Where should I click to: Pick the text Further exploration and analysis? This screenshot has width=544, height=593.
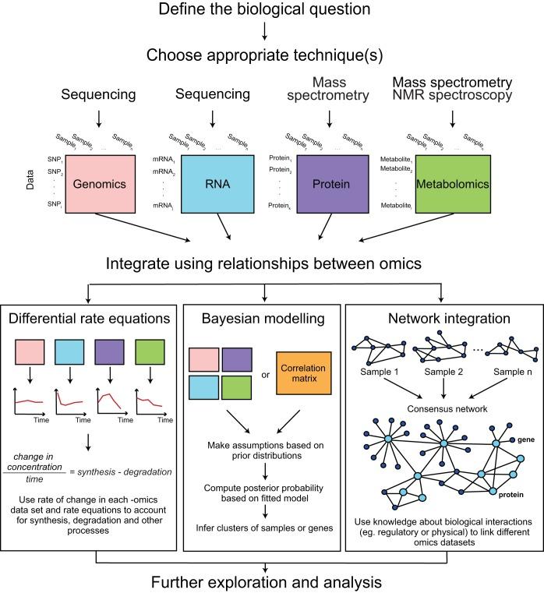[x=267, y=581]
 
